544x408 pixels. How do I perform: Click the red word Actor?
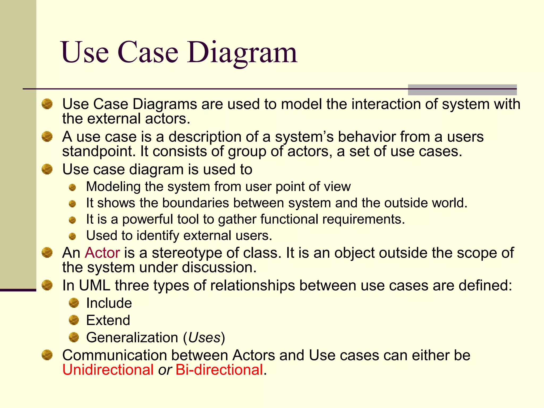tap(102, 253)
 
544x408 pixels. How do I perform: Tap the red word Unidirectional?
tap(108, 369)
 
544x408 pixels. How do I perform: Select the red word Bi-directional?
tap(219, 369)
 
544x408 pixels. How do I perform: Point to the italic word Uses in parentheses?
tap(204, 338)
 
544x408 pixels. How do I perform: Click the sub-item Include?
tap(109, 303)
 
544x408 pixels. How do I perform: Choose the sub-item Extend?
tap(108, 320)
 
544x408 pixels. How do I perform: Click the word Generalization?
tap(132, 338)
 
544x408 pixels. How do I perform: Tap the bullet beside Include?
tap(74, 303)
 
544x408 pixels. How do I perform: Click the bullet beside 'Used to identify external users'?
tap(72, 236)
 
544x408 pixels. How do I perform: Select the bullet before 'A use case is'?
tap(47, 137)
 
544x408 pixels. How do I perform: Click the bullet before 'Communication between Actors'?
tap(47, 355)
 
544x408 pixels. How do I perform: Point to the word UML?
tap(94, 286)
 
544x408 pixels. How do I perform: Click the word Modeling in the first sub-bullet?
tap(113, 186)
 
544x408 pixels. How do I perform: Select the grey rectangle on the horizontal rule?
tap(462, 90)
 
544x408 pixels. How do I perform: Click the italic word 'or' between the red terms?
tap(165, 369)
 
